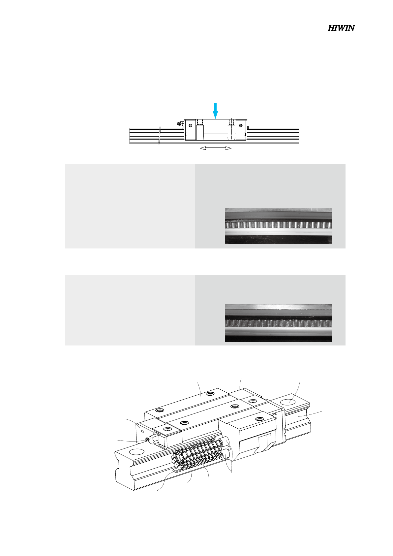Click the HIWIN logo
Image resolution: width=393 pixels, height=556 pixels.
[341, 28]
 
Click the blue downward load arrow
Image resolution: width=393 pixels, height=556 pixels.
[216, 111]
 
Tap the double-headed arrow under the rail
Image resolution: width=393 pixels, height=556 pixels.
[216, 148]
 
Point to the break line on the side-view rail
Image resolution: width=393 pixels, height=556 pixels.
[160, 136]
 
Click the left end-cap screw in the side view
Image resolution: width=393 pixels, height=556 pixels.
[190, 125]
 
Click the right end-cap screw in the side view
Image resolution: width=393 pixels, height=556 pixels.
[241, 125]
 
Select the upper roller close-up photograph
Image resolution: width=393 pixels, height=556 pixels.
[278, 226]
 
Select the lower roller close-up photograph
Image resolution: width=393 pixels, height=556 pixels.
[278, 323]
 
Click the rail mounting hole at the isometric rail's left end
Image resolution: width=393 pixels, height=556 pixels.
[136, 451]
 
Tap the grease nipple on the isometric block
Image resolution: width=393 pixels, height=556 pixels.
[148, 440]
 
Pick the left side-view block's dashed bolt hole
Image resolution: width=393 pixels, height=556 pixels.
[199, 122]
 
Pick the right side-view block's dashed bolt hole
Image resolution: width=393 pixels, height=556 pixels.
[231, 122]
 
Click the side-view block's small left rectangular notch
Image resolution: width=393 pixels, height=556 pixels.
[186, 134]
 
